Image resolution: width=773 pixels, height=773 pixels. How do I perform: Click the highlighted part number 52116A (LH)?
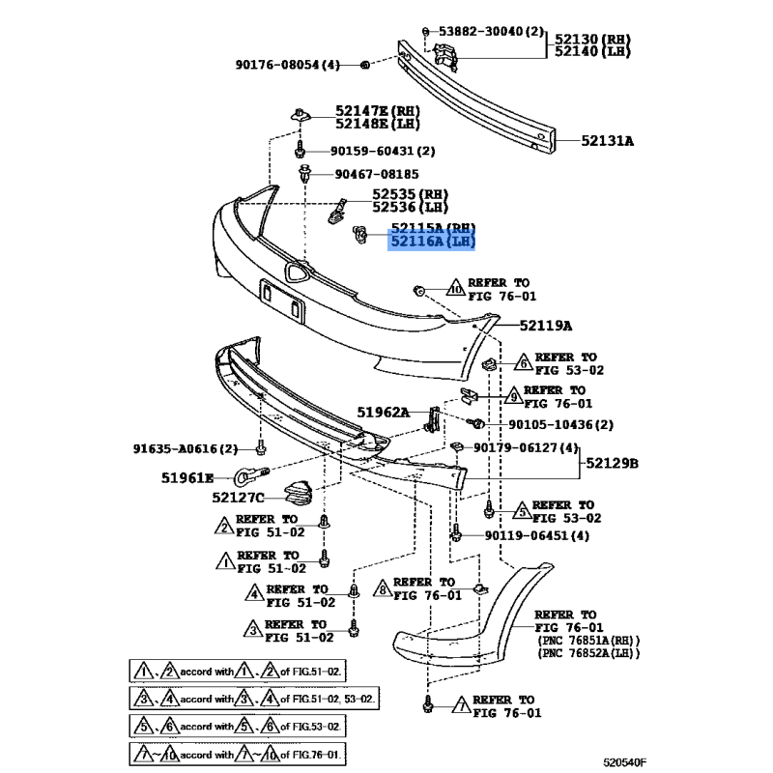(x=433, y=241)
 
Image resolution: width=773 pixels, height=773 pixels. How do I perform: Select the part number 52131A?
(x=607, y=141)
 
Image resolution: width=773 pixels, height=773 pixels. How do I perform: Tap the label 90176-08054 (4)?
(x=287, y=65)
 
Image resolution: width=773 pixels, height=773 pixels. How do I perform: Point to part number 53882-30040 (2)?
(x=491, y=33)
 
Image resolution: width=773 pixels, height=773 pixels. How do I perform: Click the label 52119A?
(x=545, y=326)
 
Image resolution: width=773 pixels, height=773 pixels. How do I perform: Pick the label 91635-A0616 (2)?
(x=186, y=448)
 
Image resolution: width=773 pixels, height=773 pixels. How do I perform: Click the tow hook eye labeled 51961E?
(x=243, y=475)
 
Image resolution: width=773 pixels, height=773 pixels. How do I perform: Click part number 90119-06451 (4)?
(x=536, y=535)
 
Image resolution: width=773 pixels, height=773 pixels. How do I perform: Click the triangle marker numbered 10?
(x=455, y=288)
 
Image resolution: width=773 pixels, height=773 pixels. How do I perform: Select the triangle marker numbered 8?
(x=383, y=588)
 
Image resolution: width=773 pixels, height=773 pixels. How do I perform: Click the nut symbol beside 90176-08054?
(x=363, y=65)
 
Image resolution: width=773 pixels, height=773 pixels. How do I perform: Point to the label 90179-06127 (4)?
(x=526, y=447)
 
